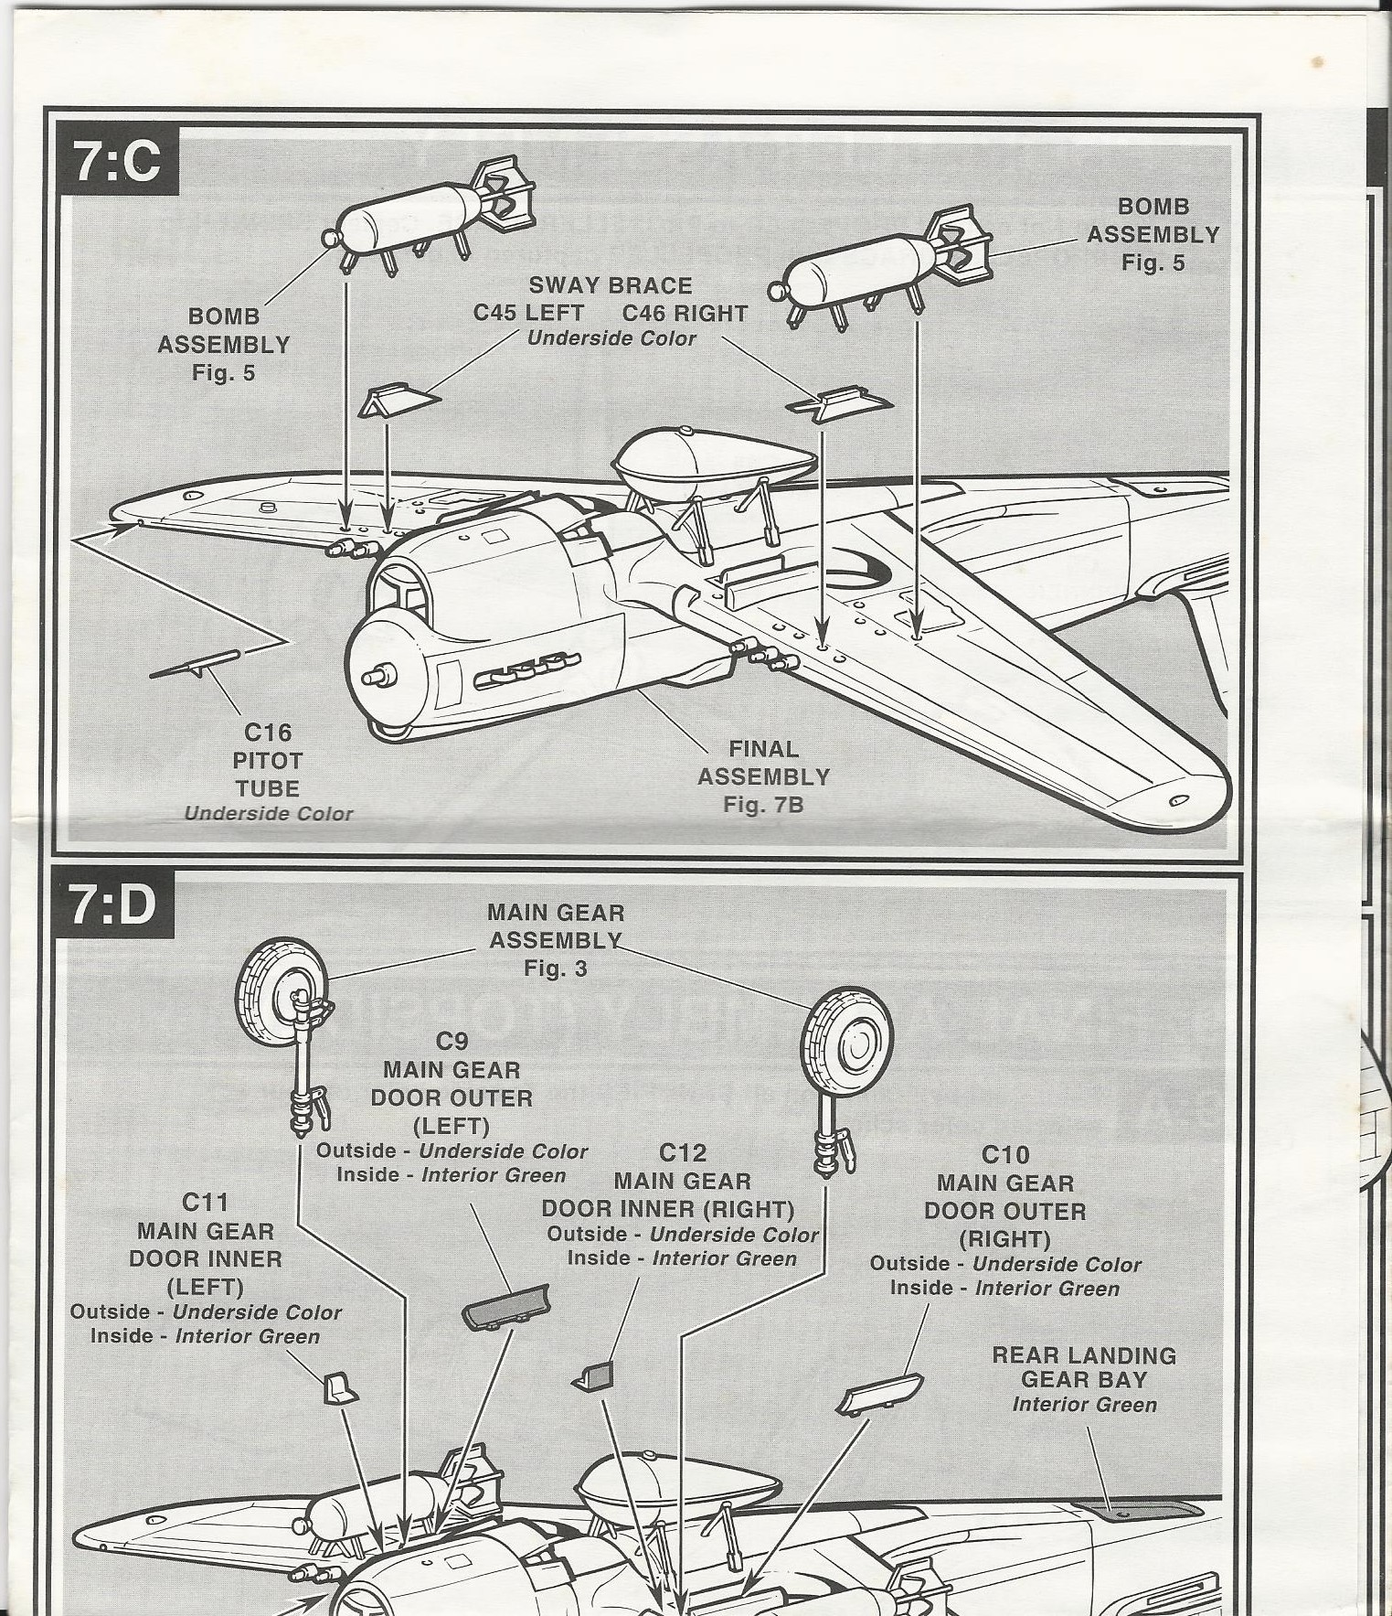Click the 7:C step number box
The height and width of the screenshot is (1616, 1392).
click(x=117, y=164)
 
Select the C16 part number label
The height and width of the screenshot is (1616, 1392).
click(x=268, y=732)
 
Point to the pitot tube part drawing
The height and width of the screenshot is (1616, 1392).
click(x=194, y=665)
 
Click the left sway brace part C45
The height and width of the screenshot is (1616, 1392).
click(x=398, y=401)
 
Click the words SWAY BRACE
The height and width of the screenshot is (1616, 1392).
click(x=610, y=286)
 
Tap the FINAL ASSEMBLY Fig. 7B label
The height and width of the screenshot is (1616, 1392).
click(x=763, y=776)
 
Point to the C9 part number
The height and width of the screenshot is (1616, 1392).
click(x=452, y=1041)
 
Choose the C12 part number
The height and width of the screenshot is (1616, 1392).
click(x=683, y=1152)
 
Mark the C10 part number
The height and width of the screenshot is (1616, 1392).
click(x=1005, y=1154)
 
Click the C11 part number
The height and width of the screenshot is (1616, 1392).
click(x=205, y=1201)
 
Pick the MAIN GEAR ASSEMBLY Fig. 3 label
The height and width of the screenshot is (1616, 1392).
click(x=556, y=939)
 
